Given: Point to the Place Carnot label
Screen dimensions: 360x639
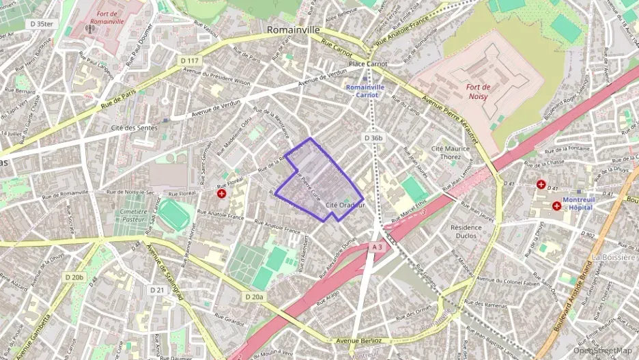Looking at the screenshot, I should [367, 64].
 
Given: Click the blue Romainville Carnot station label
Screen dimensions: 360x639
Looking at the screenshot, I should [365, 91].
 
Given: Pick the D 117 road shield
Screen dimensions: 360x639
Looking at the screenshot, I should [190, 61].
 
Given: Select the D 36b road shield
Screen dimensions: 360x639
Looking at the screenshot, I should [373, 138].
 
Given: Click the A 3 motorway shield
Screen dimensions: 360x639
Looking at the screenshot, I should [378, 247].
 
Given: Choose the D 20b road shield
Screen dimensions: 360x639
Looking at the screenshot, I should [74, 277].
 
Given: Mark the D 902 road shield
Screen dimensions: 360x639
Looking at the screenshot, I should [587, 234].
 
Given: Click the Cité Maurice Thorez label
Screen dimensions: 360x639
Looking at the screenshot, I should [451, 152].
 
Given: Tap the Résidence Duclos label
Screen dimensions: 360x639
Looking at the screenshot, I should [468, 231].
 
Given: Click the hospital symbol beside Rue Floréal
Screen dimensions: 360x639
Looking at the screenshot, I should [222, 194].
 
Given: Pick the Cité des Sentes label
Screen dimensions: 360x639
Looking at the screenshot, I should [134, 128].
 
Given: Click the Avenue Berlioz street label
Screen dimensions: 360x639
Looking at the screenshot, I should [353, 340].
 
